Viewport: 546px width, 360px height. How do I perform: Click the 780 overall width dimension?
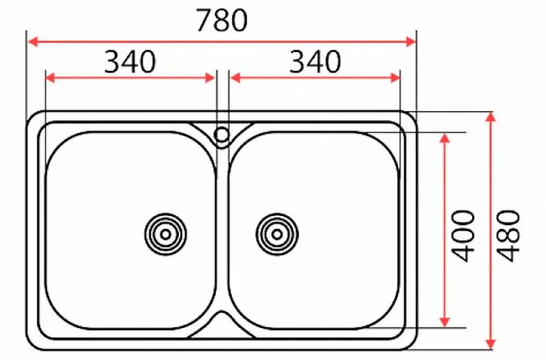click(x=221, y=21)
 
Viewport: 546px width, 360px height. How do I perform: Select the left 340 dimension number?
click(x=130, y=62)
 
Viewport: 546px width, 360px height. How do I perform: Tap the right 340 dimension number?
click(x=315, y=62)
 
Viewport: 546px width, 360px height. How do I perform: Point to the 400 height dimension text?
click(x=464, y=236)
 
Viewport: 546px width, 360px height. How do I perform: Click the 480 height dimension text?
click(x=508, y=236)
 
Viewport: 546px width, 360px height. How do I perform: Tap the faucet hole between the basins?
click(x=221, y=134)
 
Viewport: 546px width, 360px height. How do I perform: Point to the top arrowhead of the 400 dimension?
click(x=445, y=137)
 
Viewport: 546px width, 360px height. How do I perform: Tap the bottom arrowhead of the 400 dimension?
click(x=445, y=322)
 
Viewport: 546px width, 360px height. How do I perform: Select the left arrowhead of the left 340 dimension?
click(x=49, y=78)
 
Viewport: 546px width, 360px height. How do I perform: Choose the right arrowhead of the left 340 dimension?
click(x=211, y=78)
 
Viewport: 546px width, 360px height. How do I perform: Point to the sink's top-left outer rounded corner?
click(x=33, y=117)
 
